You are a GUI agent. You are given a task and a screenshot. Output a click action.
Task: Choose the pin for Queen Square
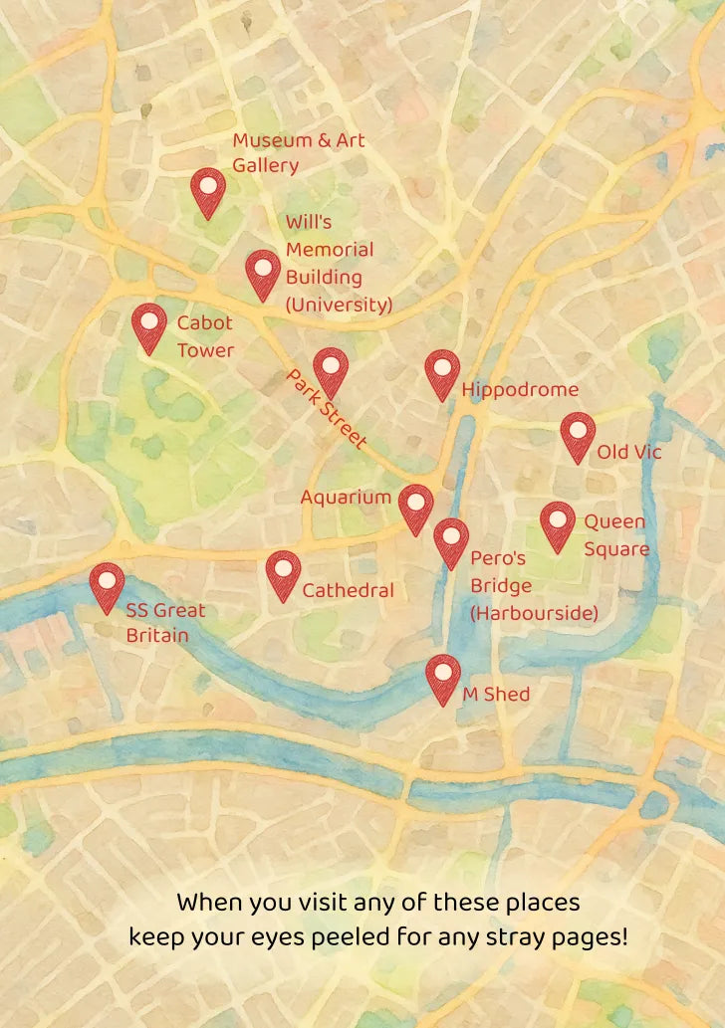pyautogui.click(x=558, y=523)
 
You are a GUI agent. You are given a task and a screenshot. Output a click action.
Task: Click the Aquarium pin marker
pyautogui.click(x=415, y=507)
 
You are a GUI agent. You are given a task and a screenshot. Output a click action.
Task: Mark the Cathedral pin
pyautogui.click(x=284, y=572)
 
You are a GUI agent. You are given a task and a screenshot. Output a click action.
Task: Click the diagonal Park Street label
pyautogui.click(x=328, y=409)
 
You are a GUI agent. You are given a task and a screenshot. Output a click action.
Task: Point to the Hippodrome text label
pyautogui.click(x=520, y=390)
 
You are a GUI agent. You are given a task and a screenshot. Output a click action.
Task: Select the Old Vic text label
pyautogui.click(x=629, y=453)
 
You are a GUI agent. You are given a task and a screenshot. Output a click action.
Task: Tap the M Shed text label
pyautogui.click(x=496, y=694)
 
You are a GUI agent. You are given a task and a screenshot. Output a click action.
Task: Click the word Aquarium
pyautogui.click(x=346, y=497)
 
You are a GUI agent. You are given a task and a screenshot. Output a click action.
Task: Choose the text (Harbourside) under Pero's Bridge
pyautogui.click(x=534, y=613)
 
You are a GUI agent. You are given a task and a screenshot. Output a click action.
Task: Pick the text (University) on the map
pyautogui.click(x=339, y=305)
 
